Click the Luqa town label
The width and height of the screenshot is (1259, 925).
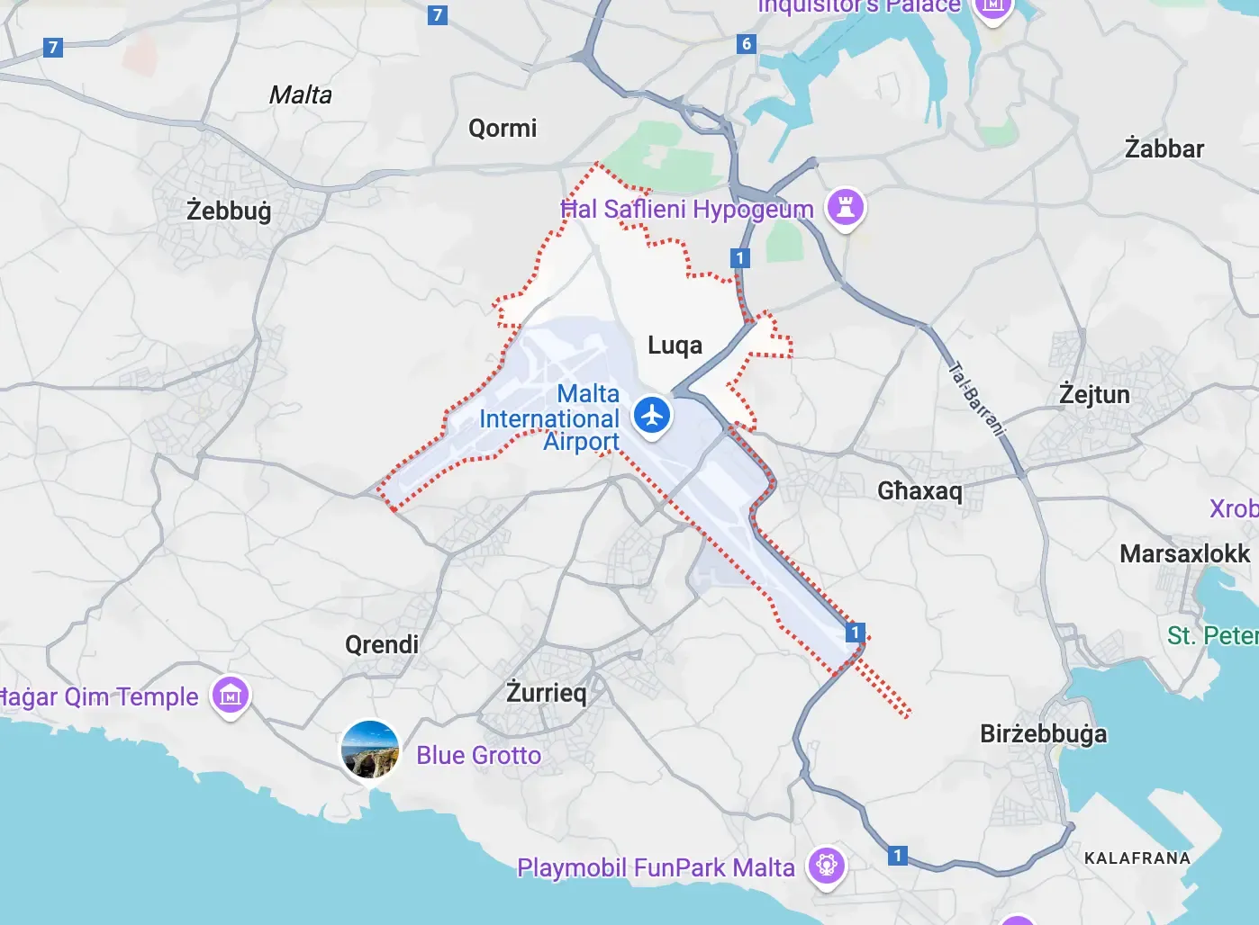pos(675,346)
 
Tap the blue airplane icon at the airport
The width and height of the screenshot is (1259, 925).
pos(652,416)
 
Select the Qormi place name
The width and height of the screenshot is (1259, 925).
pos(503,129)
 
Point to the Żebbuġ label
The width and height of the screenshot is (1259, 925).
pos(229,211)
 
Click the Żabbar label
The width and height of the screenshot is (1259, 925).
pos(1164,148)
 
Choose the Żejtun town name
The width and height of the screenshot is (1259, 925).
pos(1094,395)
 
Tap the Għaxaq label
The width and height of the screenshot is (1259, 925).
pos(919,490)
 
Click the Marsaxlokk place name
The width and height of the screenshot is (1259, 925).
pos(1184,553)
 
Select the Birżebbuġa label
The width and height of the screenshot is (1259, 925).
pos(1043,734)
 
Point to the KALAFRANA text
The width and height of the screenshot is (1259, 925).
pos(1137,858)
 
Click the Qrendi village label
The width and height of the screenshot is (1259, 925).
pos(382,644)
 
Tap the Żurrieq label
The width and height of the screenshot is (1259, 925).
pos(546,693)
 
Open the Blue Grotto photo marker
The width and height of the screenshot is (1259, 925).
pos(369,750)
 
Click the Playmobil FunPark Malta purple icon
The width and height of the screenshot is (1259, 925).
pos(827,866)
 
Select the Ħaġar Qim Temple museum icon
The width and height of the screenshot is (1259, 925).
pos(231,695)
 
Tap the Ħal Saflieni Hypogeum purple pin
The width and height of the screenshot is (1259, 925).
pos(845,207)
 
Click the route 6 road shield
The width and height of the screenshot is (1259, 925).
pos(746,44)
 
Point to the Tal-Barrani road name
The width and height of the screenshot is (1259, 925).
pos(976,399)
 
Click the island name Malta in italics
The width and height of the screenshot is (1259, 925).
pos(301,95)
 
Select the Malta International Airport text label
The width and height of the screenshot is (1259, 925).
pos(549,418)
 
